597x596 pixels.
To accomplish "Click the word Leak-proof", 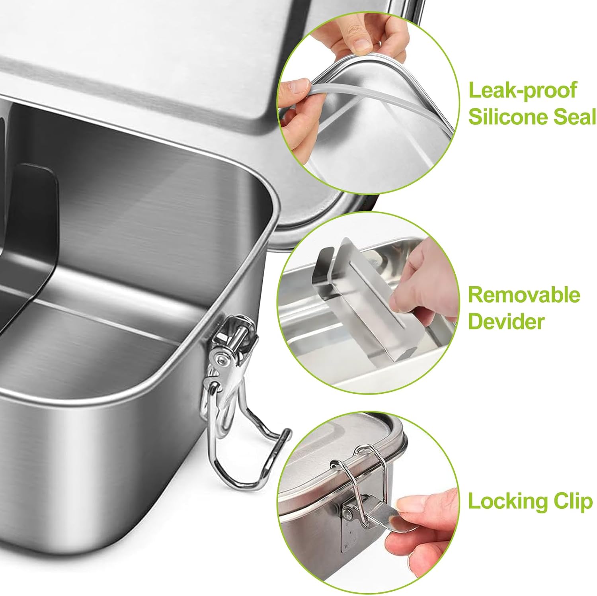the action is pyautogui.click(x=522, y=90).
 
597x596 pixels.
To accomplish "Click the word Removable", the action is pyautogui.click(x=524, y=295).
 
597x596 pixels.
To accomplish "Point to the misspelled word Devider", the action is pyautogui.click(x=505, y=321).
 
